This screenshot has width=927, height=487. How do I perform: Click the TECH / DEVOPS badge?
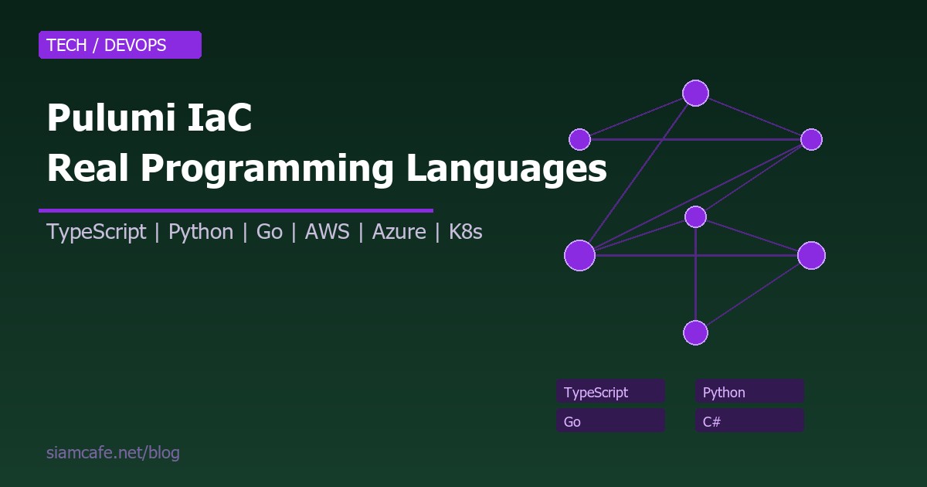[x=120, y=45]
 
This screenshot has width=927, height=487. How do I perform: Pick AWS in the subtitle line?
[x=328, y=232]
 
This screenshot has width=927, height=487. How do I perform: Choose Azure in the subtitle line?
[x=399, y=232]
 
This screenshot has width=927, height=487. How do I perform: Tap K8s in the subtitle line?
[x=466, y=232]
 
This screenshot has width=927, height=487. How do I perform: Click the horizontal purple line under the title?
[x=236, y=209]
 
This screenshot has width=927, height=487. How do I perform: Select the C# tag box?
[x=749, y=421]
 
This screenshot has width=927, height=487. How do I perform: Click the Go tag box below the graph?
[x=610, y=421]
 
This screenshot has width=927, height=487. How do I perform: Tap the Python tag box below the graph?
[x=749, y=392]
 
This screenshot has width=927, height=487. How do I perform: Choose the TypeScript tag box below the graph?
[x=610, y=392]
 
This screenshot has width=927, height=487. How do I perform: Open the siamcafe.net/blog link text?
[x=113, y=453]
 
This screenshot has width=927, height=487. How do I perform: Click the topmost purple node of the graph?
[x=695, y=93]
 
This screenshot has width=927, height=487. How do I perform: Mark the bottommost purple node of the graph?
[x=695, y=332]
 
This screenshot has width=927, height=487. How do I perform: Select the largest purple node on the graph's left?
[x=579, y=255]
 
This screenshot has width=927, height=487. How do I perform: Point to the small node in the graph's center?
[x=695, y=216]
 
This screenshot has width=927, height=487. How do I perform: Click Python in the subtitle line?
[x=201, y=232]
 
